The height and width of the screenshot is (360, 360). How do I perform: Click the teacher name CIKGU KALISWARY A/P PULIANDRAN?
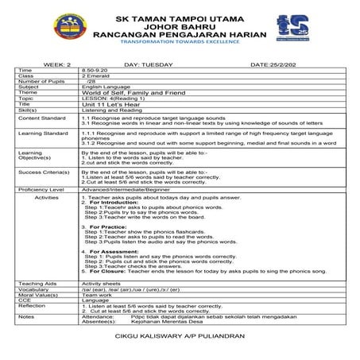pos(180,337)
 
